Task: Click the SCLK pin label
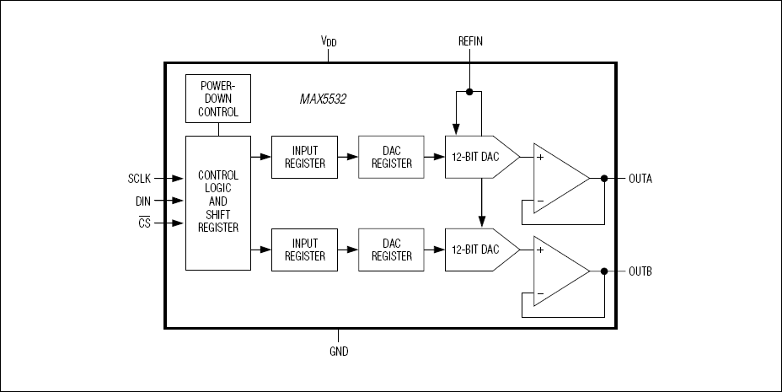pyautogui.click(x=139, y=179)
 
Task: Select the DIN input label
pyautogui.click(x=142, y=201)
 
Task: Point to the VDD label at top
pyautogui.click(x=329, y=41)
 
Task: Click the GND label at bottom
pyautogui.click(x=338, y=352)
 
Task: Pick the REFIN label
pyautogui.click(x=470, y=41)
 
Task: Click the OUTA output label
pyautogui.click(x=640, y=179)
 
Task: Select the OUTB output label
pyautogui.click(x=640, y=271)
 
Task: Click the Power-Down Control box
pyautogui.click(x=218, y=99)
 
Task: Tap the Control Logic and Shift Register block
pyautogui.click(x=218, y=202)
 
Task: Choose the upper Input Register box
pyautogui.click(x=304, y=157)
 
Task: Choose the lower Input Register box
pyautogui.click(x=304, y=250)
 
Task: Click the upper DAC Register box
pyautogui.click(x=392, y=157)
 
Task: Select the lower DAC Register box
pyautogui.click(x=392, y=250)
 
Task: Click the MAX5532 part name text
pyautogui.click(x=323, y=99)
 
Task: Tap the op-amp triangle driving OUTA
pyautogui.click(x=556, y=180)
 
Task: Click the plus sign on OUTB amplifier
pyautogui.click(x=540, y=250)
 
